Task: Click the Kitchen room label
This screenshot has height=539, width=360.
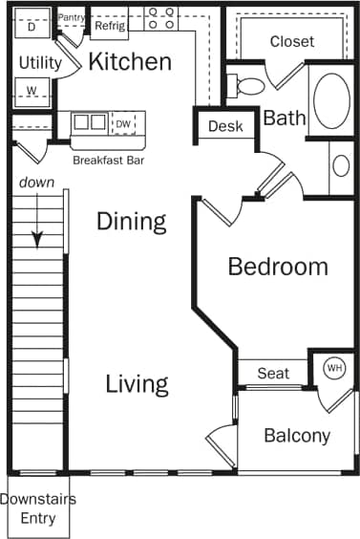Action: (130, 62)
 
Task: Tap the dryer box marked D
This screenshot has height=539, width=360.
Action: (32, 27)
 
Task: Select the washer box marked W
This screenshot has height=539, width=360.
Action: (32, 92)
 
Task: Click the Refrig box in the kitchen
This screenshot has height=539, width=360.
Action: (108, 27)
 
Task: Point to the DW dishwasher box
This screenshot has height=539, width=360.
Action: (123, 122)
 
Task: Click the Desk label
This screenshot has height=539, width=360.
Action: (225, 126)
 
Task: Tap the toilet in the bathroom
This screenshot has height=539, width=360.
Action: (248, 86)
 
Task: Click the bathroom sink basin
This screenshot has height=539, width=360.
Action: (342, 164)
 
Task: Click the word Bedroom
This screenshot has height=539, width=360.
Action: (277, 267)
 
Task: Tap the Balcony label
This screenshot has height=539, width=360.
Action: (297, 436)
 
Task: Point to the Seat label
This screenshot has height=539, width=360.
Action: (273, 373)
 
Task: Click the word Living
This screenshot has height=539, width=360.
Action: (137, 384)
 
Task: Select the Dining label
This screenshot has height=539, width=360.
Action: (132, 222)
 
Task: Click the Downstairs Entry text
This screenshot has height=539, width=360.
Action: (38, 508)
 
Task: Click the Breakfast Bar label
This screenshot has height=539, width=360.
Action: (107, 160)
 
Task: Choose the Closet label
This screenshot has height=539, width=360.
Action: (291, 42)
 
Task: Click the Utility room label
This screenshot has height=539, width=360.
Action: (40, 63)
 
